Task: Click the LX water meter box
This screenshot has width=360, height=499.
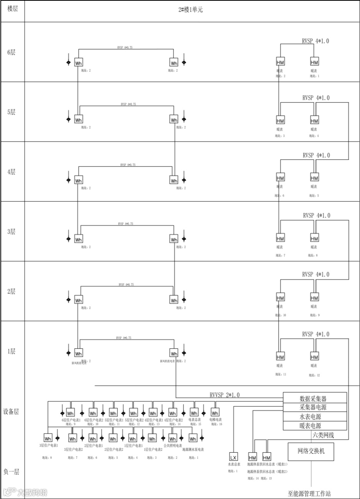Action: [234, 457]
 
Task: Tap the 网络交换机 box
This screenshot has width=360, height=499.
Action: [311, 451]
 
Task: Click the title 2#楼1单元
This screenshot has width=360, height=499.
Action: [190, 10]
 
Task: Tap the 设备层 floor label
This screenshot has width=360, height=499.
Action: [11, 412]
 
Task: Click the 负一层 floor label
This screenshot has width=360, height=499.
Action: [11, 472]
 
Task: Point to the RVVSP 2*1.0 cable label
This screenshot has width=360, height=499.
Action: [225, 395]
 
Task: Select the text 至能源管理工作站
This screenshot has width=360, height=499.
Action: [309, 494]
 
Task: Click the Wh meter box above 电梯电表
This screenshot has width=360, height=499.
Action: [215, 413]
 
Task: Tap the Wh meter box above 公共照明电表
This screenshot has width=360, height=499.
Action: [173, 438]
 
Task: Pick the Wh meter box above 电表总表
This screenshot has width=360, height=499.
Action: [194, 413]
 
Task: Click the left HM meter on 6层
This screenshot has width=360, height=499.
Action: [281, 62]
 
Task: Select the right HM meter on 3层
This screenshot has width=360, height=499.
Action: [314, 238]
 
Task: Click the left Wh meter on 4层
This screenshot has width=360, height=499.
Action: [78, 180]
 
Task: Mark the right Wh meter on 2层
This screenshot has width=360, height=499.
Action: [174, 300]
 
